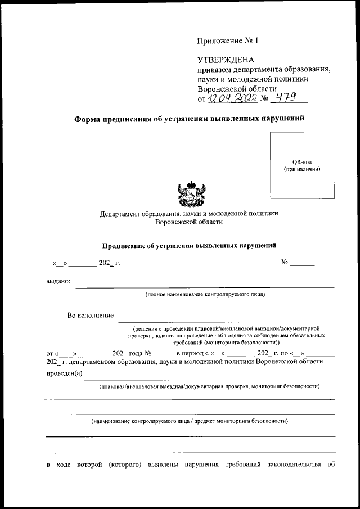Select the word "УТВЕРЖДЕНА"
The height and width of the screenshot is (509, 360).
coord(226,60)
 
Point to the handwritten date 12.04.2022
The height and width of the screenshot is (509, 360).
coord(233,99)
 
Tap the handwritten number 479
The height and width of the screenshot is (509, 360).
coord(286,98)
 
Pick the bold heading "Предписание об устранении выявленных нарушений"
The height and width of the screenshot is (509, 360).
coord(189,245)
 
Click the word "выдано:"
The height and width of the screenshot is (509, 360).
coord(58,281)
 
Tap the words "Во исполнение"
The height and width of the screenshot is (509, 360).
coord(90,316)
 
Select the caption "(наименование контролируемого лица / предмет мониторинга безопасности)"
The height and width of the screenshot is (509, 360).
coord(190,421)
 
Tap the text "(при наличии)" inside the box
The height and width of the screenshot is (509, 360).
coord(301,169)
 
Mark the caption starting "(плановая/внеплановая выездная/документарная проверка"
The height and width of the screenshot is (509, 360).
coord(210,386)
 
